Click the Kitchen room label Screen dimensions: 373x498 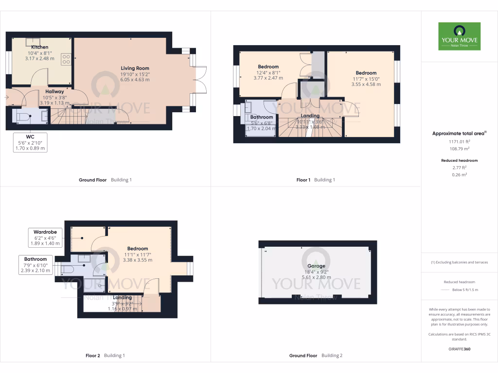coord(40,47)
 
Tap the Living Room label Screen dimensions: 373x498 coord(135,68)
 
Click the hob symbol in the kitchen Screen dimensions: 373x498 coord(66,59)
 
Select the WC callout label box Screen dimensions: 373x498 coord(31,142)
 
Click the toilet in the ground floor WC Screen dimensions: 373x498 coord(24,117)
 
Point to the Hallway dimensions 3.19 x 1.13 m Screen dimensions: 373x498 coord(54,102)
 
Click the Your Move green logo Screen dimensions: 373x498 coord(459,36)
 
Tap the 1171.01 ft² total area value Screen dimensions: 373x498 coord(459,141)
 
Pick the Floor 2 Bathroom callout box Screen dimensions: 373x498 coord(36,265)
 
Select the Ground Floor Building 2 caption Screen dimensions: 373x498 coord(316,356)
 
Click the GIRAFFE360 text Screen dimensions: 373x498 coord(459,349)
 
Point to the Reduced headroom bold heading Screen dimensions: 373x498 coord(459,160)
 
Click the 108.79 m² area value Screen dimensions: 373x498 coord(459,149)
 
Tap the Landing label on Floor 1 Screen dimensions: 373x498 coord(310,116)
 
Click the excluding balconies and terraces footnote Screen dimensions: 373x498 coord(459,262)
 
